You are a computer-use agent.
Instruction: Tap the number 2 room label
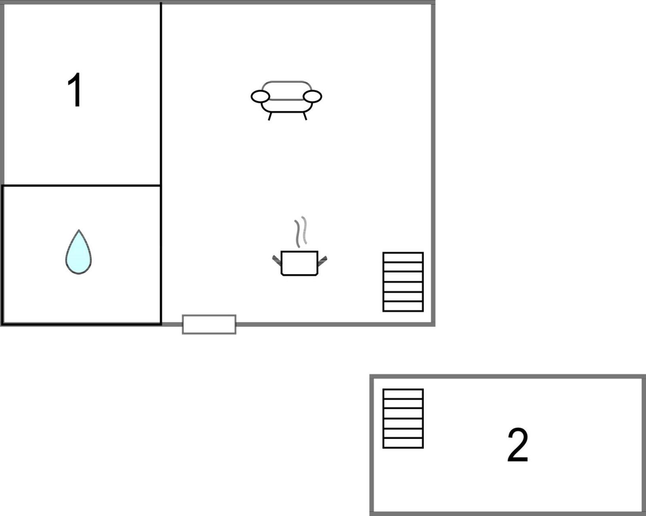tap(518, 445)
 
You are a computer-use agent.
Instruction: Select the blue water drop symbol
tap(79, 252)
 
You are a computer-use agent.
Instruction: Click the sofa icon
tap(286, 101)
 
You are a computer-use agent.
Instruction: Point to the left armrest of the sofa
tap(260, 97)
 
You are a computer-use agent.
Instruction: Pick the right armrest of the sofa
tap(312, 97)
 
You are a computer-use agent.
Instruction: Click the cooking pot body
tap(299, 263)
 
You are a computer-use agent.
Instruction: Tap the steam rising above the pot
tap(301, 232)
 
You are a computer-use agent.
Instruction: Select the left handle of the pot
tap(277, 260)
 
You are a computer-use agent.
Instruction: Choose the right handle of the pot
tap(322, 261)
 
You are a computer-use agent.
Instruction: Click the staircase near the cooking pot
tap(403, 282)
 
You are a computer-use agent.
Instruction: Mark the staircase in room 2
tap(403, 419)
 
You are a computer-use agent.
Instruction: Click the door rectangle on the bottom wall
tap(209, 324)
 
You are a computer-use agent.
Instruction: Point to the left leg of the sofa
tap(270, 116)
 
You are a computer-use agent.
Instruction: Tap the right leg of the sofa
tap(305, 116)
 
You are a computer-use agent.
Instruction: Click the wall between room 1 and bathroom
tap(81, 186)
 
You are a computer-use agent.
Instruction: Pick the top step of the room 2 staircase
tap(403, 394)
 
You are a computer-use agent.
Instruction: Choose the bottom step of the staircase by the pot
tap(403, 306)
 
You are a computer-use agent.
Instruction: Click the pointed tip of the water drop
tap(79, 230)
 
